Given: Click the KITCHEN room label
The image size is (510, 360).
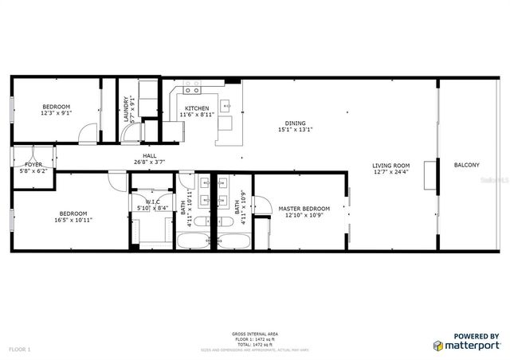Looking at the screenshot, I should (197, 108).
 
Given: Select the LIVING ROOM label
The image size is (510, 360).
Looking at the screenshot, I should (390, 165).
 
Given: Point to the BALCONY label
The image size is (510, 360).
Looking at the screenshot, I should (466, 165).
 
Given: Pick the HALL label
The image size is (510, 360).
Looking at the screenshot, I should (149, 156).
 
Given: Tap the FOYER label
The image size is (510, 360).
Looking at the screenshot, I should (33, 164).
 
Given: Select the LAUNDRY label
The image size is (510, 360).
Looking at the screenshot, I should (126, 108).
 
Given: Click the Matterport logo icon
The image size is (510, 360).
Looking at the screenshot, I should (439, 345).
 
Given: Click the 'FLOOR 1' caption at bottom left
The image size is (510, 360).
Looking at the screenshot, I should (19, 350).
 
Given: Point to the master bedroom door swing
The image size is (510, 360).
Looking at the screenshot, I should (261, 203).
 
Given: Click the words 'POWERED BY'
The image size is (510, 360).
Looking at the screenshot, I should (477, 336).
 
